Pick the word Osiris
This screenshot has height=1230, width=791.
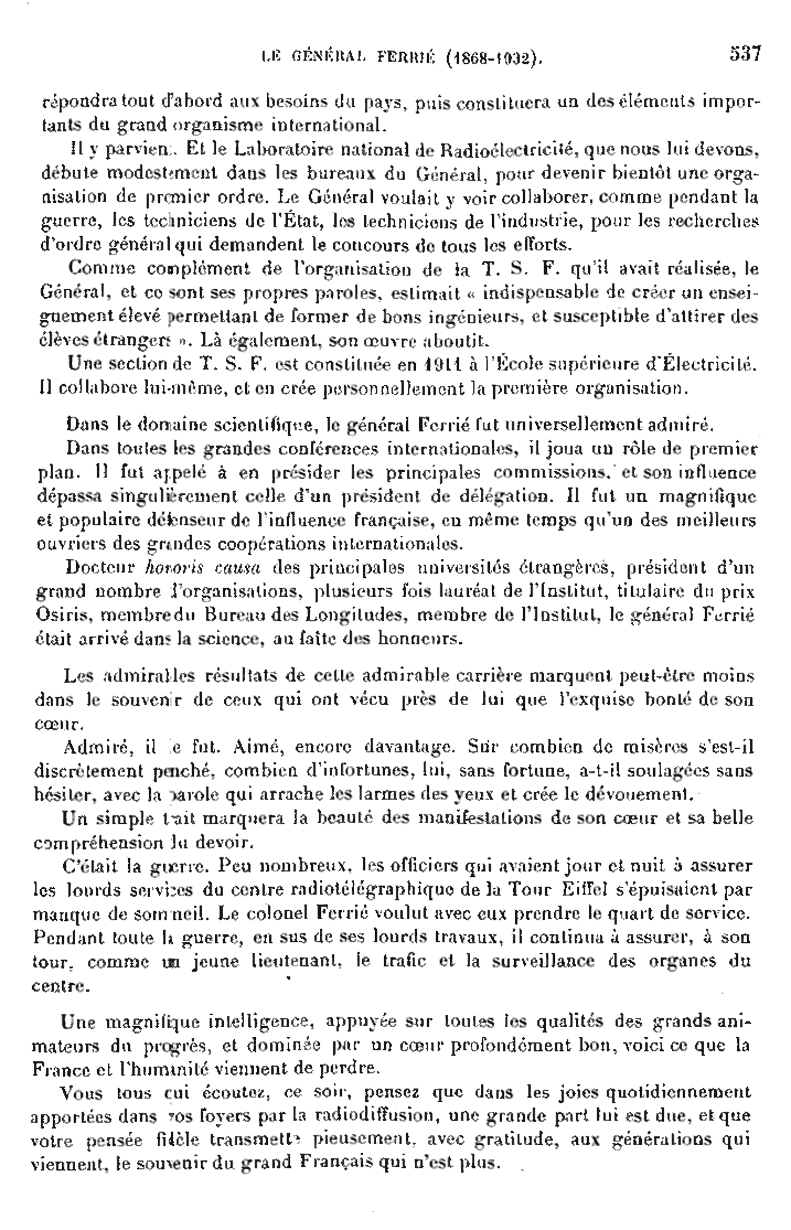pyautogui.click(x=58, y=615)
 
